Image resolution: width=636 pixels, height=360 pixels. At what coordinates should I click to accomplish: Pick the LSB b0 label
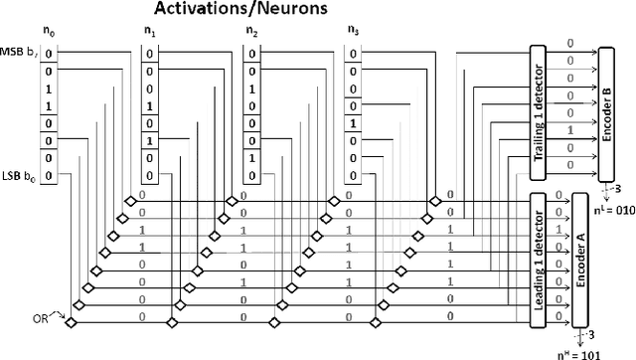coord(20,176)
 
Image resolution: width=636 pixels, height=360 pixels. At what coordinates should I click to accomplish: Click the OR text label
coord(39,317)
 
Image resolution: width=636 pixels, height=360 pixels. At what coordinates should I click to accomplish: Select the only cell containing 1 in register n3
coord(352,123)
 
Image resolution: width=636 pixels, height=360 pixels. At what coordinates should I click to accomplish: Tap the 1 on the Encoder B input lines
coord(569,129)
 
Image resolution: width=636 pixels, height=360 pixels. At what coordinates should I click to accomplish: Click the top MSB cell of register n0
coord(49,54)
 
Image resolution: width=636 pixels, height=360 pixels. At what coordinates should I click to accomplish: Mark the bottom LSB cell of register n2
coord(251,176)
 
